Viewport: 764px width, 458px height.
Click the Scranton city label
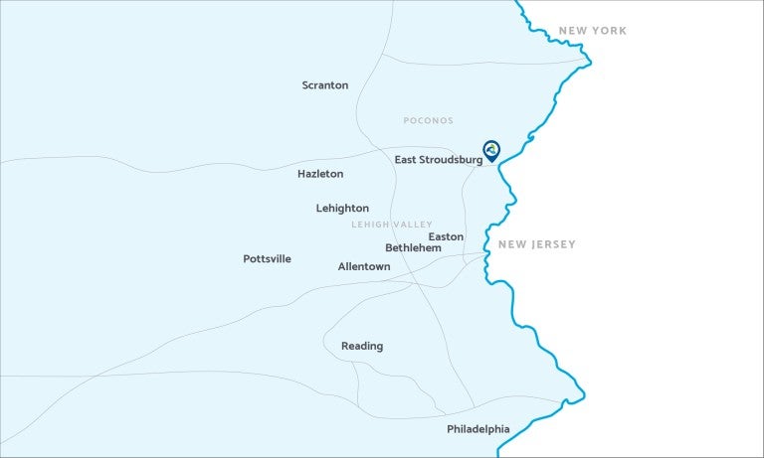click(x=325, y=85)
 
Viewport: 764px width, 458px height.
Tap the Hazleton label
click(x=320, y=174)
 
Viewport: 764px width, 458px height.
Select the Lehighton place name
click(x=342, y=209)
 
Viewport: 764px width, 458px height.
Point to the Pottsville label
click(x=268, y=259)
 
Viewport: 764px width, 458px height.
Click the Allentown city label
click(x=364, y=267)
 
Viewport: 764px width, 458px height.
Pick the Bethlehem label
click(x=413, y=247)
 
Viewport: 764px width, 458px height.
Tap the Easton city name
click(x=446, y=236)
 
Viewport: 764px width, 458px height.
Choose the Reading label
click(x=362, y=347)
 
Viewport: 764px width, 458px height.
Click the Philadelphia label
click(x=478, y=429)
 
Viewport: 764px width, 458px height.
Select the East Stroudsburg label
click(x=438, y=160)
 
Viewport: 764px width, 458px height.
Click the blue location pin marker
click(x=491, y=150)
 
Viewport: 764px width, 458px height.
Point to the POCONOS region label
click(x=428, y=121)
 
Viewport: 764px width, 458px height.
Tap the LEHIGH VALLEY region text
click(x=392, y=226)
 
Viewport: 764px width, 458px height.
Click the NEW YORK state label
click(x=593, y=31)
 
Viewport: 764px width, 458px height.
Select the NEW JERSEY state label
click(x=537, y=244)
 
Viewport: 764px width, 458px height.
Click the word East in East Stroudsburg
click(x=406, y=160)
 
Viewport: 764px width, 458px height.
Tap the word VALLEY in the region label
click(x=413, y=226)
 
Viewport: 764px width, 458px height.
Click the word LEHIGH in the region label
click(x=370, y=226)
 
